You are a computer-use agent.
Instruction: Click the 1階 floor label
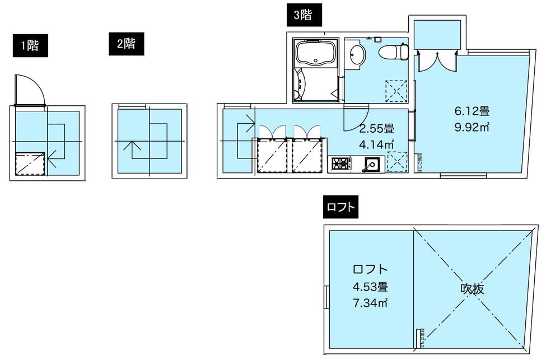point(30,46)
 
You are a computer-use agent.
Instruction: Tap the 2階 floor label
point(127,44)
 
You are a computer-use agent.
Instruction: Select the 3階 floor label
point(302,16)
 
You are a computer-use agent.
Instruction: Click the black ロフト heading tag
point(340,207)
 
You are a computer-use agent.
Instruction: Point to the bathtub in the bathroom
point(316,55)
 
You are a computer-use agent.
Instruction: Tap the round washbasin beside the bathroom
point(356,55)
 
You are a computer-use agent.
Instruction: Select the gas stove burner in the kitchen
point(340,164)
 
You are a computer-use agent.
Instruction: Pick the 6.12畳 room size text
point(472,111)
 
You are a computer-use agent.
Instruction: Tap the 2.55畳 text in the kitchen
point(376,129)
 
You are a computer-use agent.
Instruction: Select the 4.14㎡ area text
point(376,144)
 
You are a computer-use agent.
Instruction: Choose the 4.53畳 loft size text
point(370,288)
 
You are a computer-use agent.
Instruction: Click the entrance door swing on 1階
point(30,90)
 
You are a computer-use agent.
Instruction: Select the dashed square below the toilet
point(396,90)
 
